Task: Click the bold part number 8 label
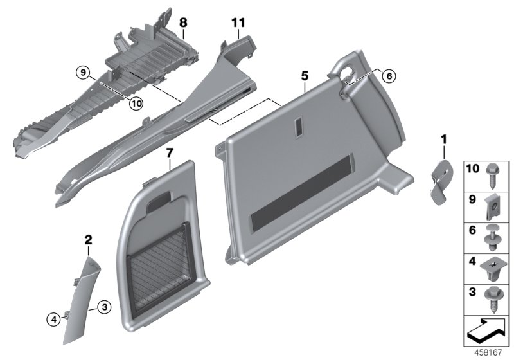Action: [x=183, y=22]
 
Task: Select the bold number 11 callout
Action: [x=238, y=22]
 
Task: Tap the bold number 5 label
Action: [x=304, y=76]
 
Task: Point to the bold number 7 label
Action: [x=170, y=152]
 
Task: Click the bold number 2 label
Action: [x=89, y=240]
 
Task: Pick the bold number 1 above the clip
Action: [x=443, y=138]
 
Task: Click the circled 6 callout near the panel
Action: [x=387, y=75]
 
